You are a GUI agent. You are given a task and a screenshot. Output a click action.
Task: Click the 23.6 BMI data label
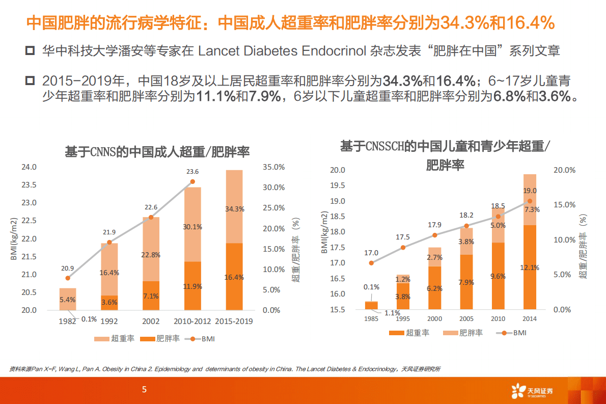(x=192, y=172)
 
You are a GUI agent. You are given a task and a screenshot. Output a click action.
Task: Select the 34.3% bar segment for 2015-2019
(x=234, y=209)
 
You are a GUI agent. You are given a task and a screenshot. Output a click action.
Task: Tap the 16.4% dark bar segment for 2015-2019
(x=234, y=277)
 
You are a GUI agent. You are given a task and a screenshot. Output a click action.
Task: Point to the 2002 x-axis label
(x=151, y=321)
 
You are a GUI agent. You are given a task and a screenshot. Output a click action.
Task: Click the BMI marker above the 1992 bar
(x=109, y=243)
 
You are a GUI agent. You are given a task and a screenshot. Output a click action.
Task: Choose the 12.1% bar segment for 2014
(x=530, y=267)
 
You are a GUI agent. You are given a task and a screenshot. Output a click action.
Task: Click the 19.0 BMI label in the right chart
(x=530, y=191)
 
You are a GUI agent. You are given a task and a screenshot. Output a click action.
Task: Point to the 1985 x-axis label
(x=371, y=319)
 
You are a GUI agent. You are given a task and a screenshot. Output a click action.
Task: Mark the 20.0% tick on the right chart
(x=564, y=170)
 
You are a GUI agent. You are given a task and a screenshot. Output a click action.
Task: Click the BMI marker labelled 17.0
(x=371, y=263)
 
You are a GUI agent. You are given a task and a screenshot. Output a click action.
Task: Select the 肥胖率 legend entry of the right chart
(x=464, y=333)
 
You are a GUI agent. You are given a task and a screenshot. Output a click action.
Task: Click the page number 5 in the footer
(x=145, y=390)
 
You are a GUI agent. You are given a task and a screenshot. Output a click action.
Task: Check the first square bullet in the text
(x=30, y=51)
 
